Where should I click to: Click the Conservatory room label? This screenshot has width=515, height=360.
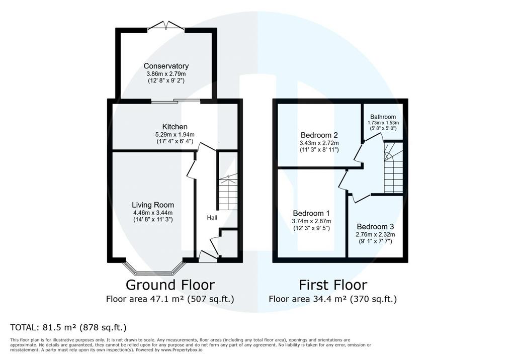pyautogui.click(x=166, y=66)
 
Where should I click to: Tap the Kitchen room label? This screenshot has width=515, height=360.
pyautogui.click(x=175, y=127)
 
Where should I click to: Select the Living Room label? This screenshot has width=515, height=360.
pyautogui.click(x=153, y=205)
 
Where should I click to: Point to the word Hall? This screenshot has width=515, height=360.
pyautogui.click(x=212, y=217)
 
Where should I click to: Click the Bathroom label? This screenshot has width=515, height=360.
pyautogui.click(x=383, y=117)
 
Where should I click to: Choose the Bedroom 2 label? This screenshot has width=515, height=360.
pyautogui.click(x=319, y=135)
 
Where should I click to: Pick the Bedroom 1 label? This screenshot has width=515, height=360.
pyautogui.click(x=311, y=213)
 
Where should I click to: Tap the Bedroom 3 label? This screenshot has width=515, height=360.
pyautogui.click(x=375, y=227)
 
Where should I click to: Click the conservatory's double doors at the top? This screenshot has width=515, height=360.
pyautogui.click(x=166, y=26)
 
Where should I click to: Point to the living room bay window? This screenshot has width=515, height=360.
pyautogui.click(x=153, y=267)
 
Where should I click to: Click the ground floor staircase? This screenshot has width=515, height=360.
pyautogui.click(x=228, y=192)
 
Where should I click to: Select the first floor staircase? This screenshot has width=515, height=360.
pyautogui.click(x=393, y=167)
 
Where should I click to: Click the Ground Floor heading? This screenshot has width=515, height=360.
pyautogui.click(x=170, y=285)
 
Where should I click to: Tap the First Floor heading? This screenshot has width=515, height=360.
pyautogui.click(x=333, y=285)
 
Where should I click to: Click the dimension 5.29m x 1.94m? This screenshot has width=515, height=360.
pyautogui.click(x=175, y=134)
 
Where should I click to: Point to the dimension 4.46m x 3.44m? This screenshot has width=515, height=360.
pyautogui.click(x=153, y=213)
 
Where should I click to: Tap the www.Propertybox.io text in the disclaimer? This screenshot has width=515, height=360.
pyautogui.click(x=181, y=350)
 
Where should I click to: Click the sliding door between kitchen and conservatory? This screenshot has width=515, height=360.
pyautogui.click(x=176, y=101)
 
